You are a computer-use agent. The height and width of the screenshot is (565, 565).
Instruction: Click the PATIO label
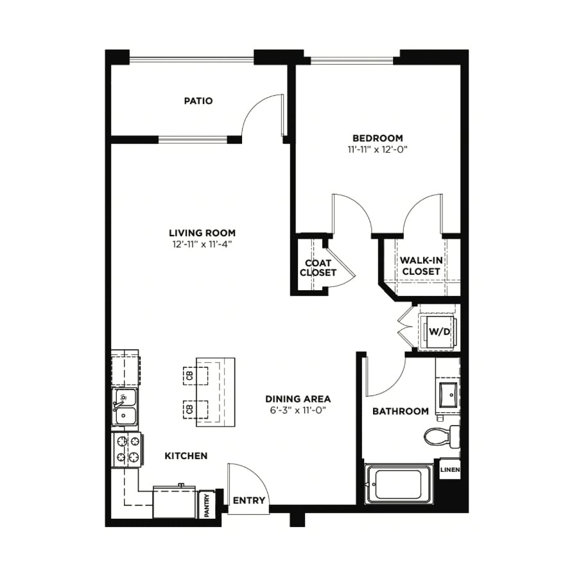198,101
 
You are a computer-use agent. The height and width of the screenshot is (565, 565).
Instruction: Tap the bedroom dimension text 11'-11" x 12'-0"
378,150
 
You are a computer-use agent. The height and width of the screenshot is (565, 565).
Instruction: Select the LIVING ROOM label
202,233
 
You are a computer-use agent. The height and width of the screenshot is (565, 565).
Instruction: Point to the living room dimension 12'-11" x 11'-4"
202,245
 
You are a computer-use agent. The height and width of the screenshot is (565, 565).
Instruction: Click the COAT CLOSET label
318,268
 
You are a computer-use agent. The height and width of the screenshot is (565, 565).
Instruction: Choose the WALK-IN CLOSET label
421,266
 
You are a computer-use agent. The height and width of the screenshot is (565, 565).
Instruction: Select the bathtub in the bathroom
399,483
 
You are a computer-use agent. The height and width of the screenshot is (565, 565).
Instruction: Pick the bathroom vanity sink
449,395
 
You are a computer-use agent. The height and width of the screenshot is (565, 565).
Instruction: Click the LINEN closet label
450,469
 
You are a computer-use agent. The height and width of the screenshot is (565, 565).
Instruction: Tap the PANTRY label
207,505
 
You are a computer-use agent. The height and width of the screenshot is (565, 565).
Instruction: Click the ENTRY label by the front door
249,500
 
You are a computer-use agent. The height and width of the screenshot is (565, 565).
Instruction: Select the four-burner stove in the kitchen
128,449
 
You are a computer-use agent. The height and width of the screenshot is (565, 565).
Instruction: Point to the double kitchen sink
125,406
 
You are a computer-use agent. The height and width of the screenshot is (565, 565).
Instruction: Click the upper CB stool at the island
196,376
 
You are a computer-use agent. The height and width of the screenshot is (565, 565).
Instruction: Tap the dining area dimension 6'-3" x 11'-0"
298,410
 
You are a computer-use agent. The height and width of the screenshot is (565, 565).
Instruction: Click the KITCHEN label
186,456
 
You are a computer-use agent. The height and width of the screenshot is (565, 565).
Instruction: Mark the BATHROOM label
401,411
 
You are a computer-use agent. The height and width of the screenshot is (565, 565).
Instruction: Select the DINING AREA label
298,399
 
